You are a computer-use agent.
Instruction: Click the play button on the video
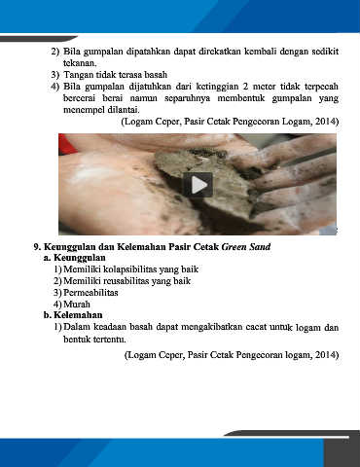click(198, 185)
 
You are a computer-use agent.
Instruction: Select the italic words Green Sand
click(246, 246)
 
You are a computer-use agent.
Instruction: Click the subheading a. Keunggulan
click(75, 258)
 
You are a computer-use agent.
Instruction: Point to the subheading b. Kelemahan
click(73, 315)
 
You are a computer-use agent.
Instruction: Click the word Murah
click(77, 305)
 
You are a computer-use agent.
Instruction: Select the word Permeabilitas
click(90, 293)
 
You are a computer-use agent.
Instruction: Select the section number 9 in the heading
click(37, 246)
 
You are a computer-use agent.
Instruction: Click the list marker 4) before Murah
click(57, 305)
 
